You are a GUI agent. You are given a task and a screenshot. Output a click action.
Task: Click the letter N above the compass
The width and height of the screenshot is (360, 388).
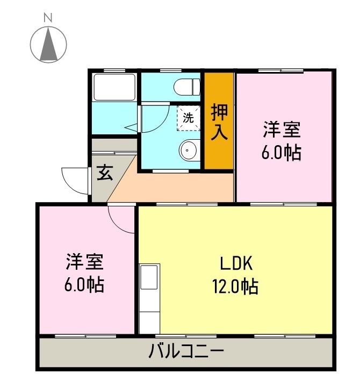pos(48,17)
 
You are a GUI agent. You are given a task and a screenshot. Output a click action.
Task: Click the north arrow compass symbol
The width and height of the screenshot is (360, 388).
pos(48,44)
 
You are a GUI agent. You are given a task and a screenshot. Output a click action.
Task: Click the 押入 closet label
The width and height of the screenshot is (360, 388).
pos(219,123)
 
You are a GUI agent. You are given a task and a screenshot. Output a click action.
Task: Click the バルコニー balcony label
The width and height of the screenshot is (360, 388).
pos(185,354)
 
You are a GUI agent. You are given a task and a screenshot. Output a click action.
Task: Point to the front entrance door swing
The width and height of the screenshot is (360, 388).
pos(75,180)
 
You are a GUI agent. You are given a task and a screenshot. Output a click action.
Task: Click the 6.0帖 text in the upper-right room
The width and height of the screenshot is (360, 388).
pos(281,153)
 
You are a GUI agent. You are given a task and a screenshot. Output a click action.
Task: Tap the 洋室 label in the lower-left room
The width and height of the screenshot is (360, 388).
pos(84,263)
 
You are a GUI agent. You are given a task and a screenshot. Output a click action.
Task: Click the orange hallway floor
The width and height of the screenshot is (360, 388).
pos(177,185)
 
